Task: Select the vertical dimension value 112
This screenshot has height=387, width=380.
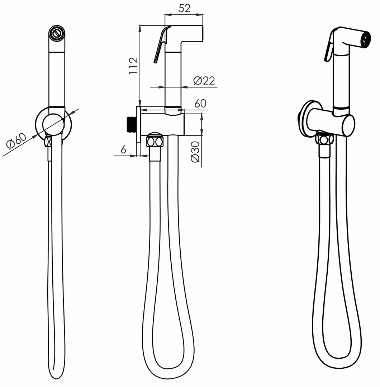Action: coord(133,66)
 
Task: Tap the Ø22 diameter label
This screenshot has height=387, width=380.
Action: coord(204,81)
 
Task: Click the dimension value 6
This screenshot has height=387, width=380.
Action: coord(123,149)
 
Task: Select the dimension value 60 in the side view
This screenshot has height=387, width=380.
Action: coord(200,104)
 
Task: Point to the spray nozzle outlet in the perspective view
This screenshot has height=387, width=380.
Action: coord(365,39)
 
